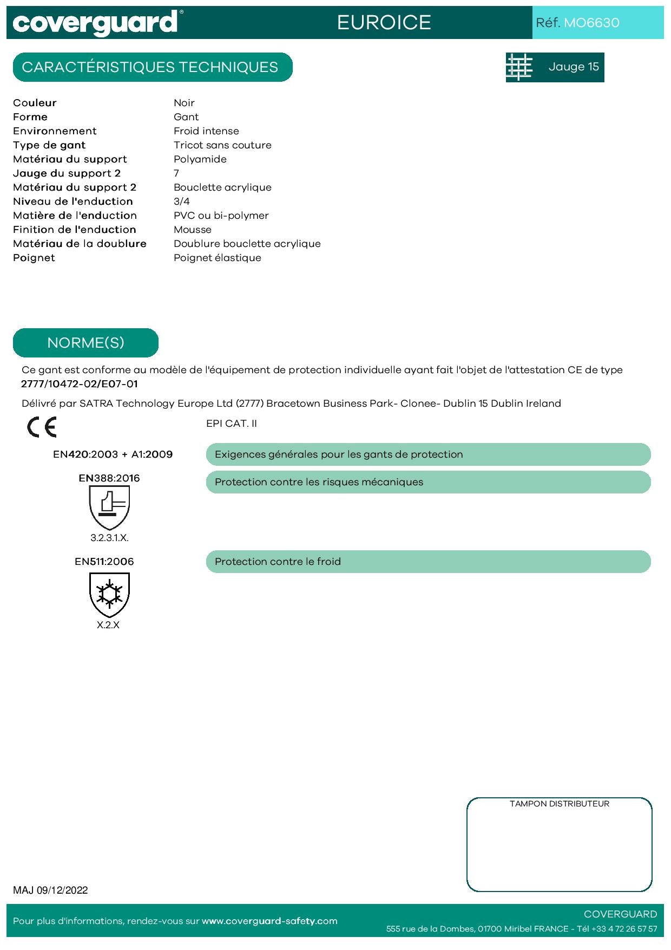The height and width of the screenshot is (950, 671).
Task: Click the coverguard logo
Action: pyautogui.click(x=95, y=23)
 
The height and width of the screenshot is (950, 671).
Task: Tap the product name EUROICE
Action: pyautogui.click(x=384, y=23)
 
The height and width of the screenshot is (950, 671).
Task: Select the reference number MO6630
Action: pyautogui.click(x=591, y=23)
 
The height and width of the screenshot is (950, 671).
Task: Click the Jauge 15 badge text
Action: pyautogui.click(x=574, y=67)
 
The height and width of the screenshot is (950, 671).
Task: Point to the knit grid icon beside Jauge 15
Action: pyautogui.click(x=519, y=67)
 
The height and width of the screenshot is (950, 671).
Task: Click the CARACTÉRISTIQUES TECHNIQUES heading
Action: pyautogui.click(x=150, y=67)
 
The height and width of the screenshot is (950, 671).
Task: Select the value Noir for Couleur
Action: pyautogui.click(x=184, y=103)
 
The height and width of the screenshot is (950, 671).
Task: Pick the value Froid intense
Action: pyautogui.click(x=206, y=131)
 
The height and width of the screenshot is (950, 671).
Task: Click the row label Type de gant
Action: pyautogui.click(x=49, y=145)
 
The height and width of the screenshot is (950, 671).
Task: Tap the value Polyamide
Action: pyautogui.click(x=200, y=159)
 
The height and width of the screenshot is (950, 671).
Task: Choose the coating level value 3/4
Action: pyautogui.click(x=182, y=201)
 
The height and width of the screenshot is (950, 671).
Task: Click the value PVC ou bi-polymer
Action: pyautogui.click(x=221, y=216)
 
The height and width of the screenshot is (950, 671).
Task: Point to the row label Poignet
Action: pyautogui.click(x=34, y=258)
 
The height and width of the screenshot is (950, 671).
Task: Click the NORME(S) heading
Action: pyautogui.click(x=85, y=343)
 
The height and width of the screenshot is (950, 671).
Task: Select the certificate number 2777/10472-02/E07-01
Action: pyautogui.click(x=80, y=384)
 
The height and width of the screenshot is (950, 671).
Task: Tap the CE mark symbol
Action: pyautogui.click(x=42, y=427)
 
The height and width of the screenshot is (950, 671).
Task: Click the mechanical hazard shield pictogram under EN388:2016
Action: pyautogui.click(x=109, y=507)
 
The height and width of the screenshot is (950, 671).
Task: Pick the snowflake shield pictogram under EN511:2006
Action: pyautogui.click(x=109, y=594)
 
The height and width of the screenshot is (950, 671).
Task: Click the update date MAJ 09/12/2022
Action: pyautogui.click(x=50, y=890)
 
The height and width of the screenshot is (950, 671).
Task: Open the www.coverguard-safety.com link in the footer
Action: pyautogui.click(x=269, y=921)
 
